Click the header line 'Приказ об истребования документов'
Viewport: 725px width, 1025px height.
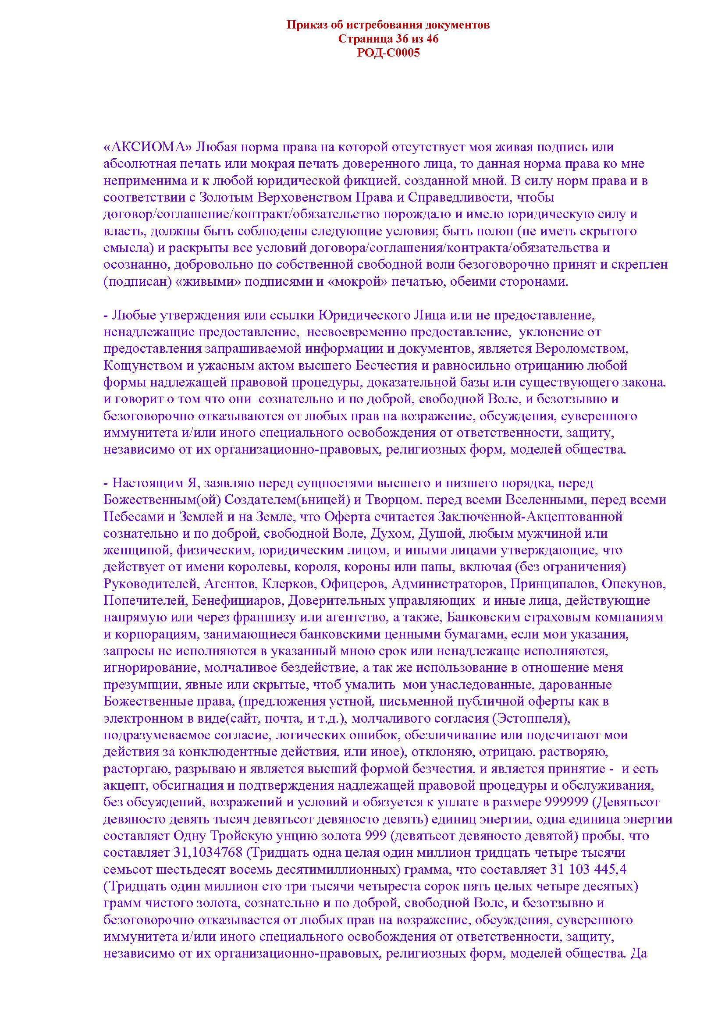tap(388, 25)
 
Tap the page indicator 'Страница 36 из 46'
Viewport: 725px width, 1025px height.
tap(388, 39)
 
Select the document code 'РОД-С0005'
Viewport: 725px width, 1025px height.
tap(388, 53)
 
